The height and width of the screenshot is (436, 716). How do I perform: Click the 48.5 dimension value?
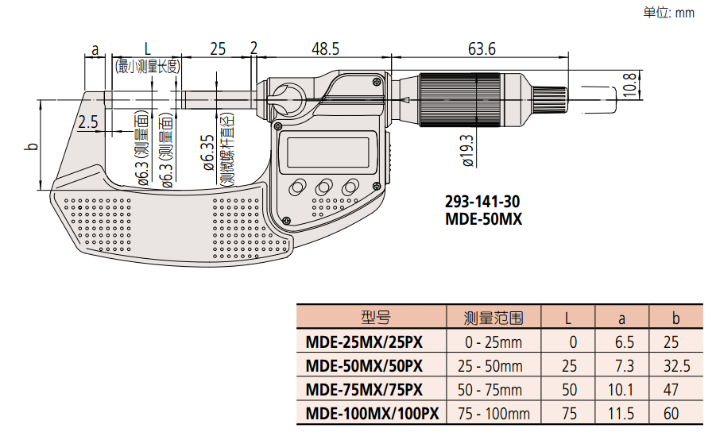(x=324, y=49)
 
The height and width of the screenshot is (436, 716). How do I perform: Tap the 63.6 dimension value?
(x=482, y=49)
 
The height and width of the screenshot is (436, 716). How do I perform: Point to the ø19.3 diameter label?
(x=467, y=149)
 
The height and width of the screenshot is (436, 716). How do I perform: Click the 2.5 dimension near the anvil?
(x=88, y=122)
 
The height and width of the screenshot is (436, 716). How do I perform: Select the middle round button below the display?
(x=324, y=187)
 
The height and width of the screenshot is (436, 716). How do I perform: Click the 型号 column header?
(x=375, y=318)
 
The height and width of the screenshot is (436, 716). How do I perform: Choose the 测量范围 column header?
(x=493, y=318)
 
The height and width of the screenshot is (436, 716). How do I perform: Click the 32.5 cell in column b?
(x=676, y=366)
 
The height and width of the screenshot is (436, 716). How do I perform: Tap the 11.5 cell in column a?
(x=622, y=413)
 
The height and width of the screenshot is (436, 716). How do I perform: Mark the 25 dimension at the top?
(x=217, y=49)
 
